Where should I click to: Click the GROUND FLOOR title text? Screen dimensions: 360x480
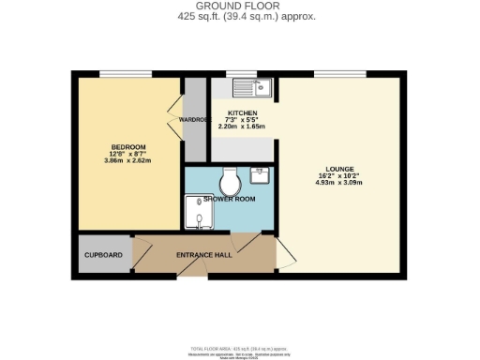coord(239,7)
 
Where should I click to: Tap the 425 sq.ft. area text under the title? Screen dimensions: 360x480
coord(239,17)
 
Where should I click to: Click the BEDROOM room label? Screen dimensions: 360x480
coord(128,147)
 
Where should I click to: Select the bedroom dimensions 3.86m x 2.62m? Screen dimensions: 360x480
coord(128,160)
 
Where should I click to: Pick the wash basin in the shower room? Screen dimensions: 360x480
coord(261,175)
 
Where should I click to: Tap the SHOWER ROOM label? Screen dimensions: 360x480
coord(230,199)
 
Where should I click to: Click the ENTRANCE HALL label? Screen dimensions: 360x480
coord(203,255)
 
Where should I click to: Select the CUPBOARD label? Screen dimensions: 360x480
coord(103,255)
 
